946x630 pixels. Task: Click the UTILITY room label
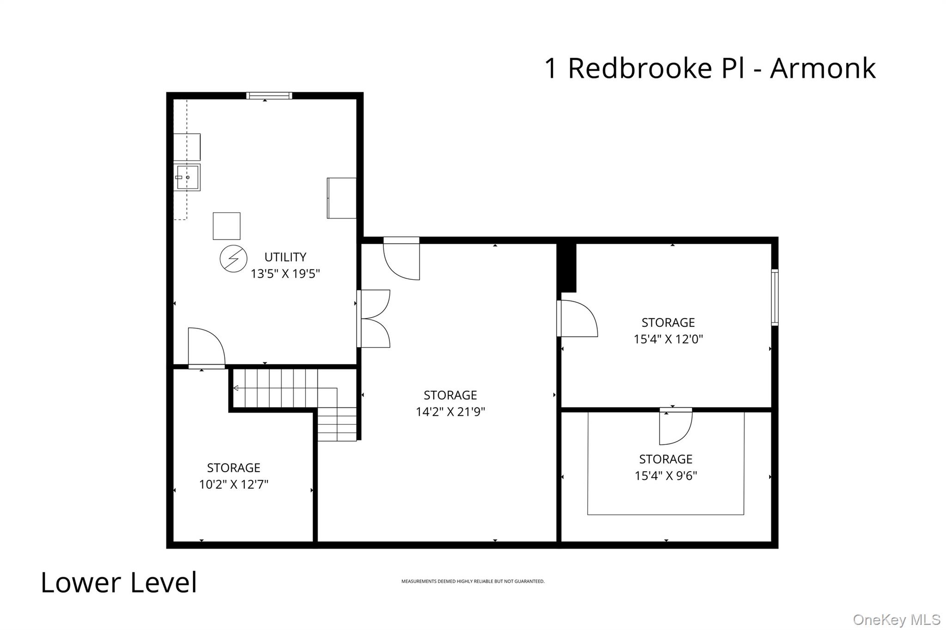coord(285,257)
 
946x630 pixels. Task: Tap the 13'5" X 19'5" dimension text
coord(285,274)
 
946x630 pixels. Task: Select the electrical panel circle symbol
coord(233,258)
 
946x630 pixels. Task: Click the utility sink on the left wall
coord(187,177)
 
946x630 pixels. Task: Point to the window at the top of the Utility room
coord(269,96)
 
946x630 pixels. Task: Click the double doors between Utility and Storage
coord(374,318)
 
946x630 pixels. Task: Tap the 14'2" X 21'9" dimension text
coord(450,411)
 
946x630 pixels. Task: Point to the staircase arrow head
coord(236,388)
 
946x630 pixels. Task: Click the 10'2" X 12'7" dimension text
coord(233,484)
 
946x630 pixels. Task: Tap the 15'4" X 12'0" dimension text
coord(668,339)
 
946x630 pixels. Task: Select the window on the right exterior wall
coord(775,297)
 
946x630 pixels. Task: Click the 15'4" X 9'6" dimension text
coord(666,476)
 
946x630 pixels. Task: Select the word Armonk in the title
coord(822,68)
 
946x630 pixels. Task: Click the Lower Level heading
coord(119,582)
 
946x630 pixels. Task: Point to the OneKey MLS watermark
coord(896,619)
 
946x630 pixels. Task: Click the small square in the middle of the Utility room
coord(226,226)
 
